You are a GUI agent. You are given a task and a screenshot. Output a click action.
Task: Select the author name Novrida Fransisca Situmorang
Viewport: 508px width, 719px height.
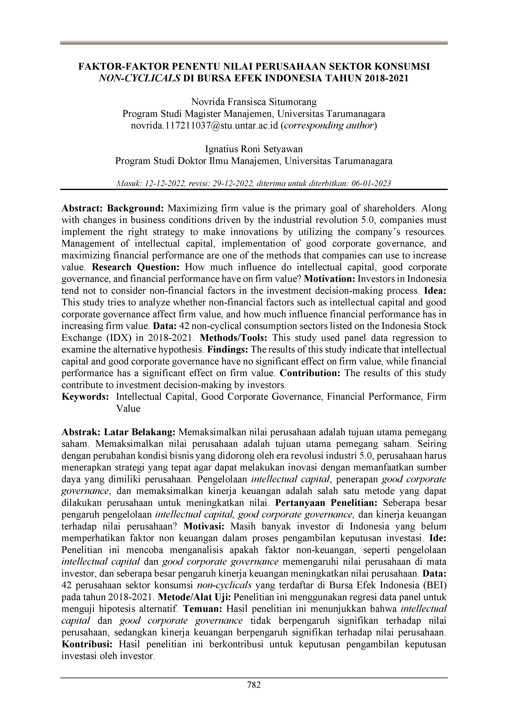(x=254, y=102)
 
